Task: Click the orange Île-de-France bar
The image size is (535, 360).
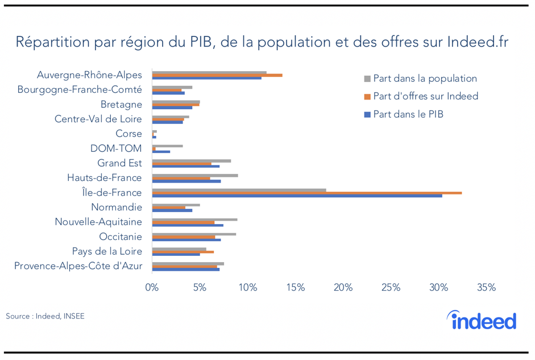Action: pos(307,193)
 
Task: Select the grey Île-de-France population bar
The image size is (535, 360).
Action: pos(239,190)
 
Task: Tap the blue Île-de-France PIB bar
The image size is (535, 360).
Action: pos(297,196)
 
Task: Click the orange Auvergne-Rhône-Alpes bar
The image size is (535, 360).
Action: pos(217,75)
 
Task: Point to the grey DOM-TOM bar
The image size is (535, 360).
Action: pos(167,146)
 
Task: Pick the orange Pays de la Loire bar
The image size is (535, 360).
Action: pos(183,251)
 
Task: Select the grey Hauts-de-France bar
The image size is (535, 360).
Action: pos(195,175)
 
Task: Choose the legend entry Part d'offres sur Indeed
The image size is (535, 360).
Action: pos(425,96)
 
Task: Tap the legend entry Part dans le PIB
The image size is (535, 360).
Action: pos(408,114)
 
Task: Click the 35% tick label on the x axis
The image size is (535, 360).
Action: pos(486,288)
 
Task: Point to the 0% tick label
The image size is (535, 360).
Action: pos(152,288)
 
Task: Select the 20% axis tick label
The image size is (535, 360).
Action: pos(343,288)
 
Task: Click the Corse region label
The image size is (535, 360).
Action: pos(128,134)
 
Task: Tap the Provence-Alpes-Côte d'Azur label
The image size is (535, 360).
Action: pos(78,266)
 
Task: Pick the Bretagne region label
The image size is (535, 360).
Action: pos(121,104)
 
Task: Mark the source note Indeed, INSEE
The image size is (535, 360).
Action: pos(45,316)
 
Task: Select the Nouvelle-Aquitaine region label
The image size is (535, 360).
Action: pos(98,222)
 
